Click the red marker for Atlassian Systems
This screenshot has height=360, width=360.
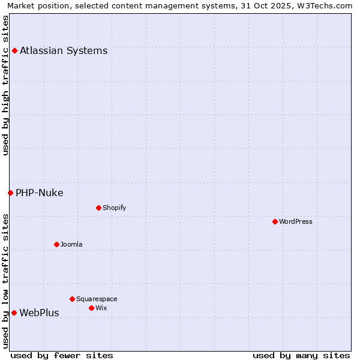[14, 50]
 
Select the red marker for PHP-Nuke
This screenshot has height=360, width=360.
[10, 193]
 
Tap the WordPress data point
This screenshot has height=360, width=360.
[275, 221]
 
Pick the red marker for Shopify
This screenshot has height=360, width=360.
[98, 208]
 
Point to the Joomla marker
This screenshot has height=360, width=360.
[56, 244]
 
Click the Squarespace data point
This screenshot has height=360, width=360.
[72, 299]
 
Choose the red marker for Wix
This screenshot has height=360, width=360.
[91, 308]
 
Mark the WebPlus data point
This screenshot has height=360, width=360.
[14, 313]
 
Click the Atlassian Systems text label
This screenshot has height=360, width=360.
[64, 50]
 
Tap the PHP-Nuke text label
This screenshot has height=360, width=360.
[40, 193]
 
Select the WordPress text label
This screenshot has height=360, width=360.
[296, 221]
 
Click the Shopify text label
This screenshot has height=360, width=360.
[115, 208]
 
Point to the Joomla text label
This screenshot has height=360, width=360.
[71, 244]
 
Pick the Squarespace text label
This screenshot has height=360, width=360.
[97, 299]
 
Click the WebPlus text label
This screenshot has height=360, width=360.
[39, 313]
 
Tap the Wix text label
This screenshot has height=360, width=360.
[101, 308]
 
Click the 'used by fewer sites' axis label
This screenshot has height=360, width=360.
[62, 355]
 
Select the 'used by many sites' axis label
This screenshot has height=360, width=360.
[301, 355]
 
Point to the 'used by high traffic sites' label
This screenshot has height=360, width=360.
[5, 85]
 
